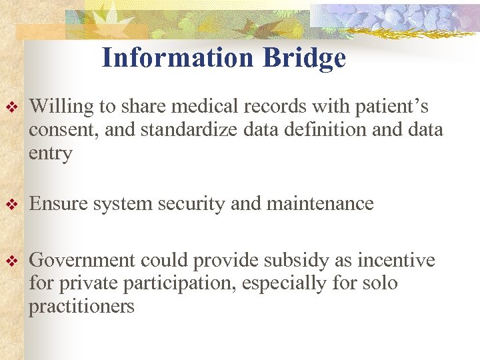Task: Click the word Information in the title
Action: [x=178, y=58]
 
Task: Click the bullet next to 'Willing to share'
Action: [x=10, y=107]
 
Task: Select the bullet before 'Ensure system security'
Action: [x=10, y=204]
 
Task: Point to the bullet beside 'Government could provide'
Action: [x=10, y=261]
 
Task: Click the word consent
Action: [x=57, y=130]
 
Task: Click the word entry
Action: [x=51, y=154]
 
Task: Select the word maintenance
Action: [x=320, y=204]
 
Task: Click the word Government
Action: [x=82, y=260]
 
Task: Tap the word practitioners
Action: [x=81, y=307]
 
